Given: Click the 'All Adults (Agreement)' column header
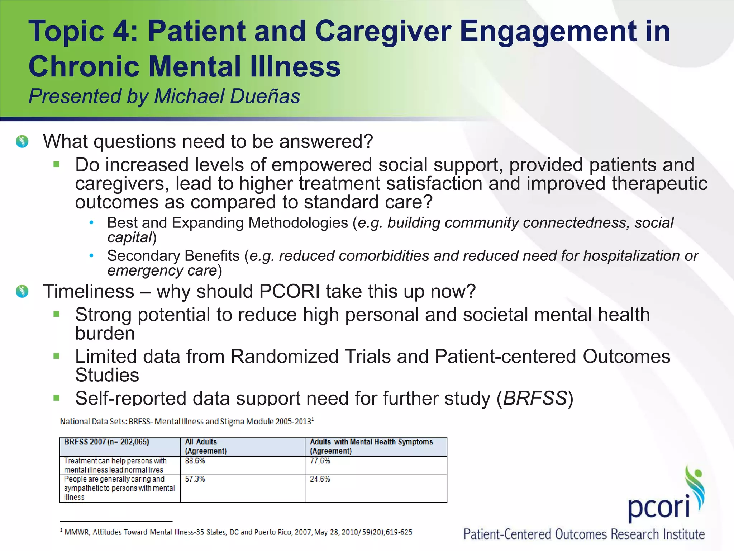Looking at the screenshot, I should point(206,447).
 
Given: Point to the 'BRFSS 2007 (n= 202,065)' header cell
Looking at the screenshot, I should point(106,442).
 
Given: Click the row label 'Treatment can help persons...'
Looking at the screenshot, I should point(115,465).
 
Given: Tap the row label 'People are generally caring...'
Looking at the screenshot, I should point(119,488).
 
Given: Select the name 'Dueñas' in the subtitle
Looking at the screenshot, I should point(265,96).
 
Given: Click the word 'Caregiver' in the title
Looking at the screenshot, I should point(383,31).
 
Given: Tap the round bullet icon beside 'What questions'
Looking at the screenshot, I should point(22,141).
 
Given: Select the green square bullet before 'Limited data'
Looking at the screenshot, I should point(56,356).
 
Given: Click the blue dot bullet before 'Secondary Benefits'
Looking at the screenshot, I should point(92,255).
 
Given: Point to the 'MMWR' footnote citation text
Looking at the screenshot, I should point(76,532).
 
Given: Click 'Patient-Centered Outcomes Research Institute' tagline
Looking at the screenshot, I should point(584,534).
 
